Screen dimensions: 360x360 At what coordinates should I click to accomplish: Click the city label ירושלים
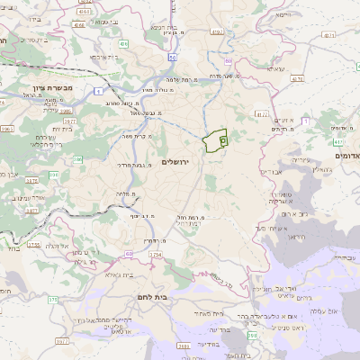click(x=180, y=162)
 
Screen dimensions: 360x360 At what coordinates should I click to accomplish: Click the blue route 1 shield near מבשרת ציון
click(x=96, y=91)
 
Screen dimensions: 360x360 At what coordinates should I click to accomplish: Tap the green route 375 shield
click(x=52, y=300)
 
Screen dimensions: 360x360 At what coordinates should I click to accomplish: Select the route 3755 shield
click(x=33, y=244)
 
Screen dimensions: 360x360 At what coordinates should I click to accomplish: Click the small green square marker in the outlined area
click(x=223, y=141)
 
